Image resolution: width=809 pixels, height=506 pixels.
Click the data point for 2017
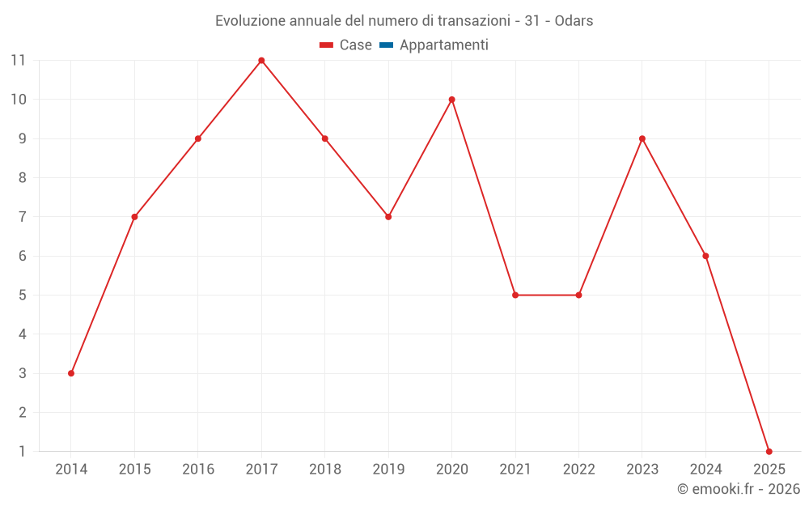[261, 61]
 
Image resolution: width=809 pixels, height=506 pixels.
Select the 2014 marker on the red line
[71, 373]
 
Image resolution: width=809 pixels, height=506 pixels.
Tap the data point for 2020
[451, 100]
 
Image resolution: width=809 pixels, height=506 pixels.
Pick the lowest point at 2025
[769, 451]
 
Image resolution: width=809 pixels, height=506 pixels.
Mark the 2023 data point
[642, 138]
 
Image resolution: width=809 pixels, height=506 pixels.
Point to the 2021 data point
[515, 295]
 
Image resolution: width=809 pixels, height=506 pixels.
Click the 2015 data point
[134, 217]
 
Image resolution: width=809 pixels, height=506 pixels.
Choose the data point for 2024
[705, 256]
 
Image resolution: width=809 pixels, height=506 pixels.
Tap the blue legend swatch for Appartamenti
[386, 45]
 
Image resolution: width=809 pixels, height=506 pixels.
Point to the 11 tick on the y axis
[18, 61]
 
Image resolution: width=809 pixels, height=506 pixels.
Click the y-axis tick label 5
[22, 295]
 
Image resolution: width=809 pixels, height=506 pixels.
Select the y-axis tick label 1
[22, 451]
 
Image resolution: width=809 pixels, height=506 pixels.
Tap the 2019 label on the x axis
[388, 469]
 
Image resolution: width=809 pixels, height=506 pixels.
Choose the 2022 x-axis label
[578, 469]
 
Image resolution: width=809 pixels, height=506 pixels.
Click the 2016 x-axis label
[198, 469]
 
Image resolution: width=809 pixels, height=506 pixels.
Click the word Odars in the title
[574, 21]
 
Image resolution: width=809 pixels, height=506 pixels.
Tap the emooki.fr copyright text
[739, 489]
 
